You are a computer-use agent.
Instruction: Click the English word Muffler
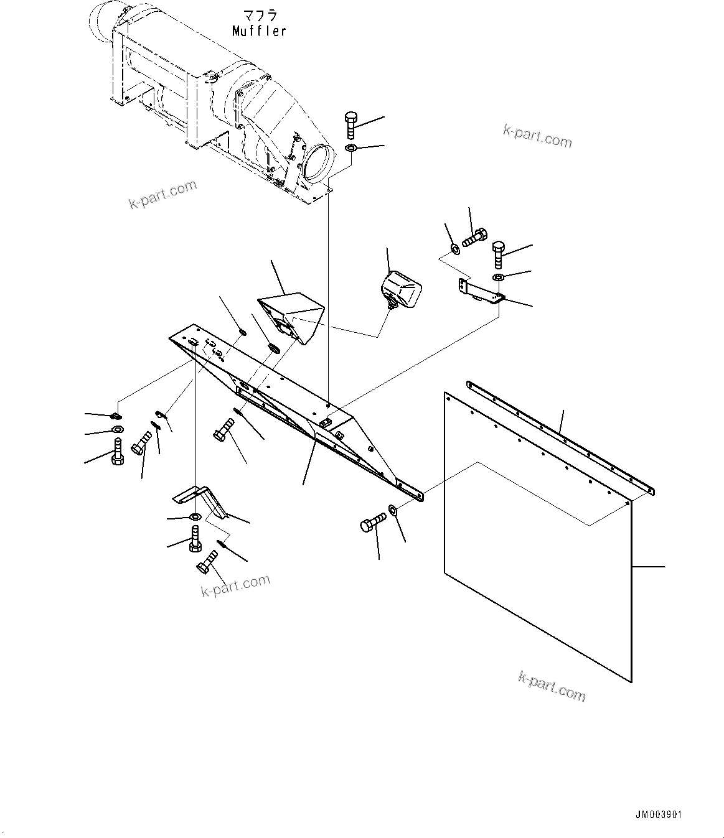[x=259, y=30]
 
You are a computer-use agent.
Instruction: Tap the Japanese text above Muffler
[x=260, y=15]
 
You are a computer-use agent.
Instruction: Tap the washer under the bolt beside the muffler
[x=350, y=148]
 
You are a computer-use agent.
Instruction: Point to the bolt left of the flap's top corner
[x=372, y=524]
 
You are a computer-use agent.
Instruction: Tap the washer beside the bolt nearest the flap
[x=394, y=510]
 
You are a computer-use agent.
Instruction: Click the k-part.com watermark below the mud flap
[x=552, y=686]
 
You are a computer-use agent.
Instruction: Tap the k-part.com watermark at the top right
[x=537, y=137]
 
